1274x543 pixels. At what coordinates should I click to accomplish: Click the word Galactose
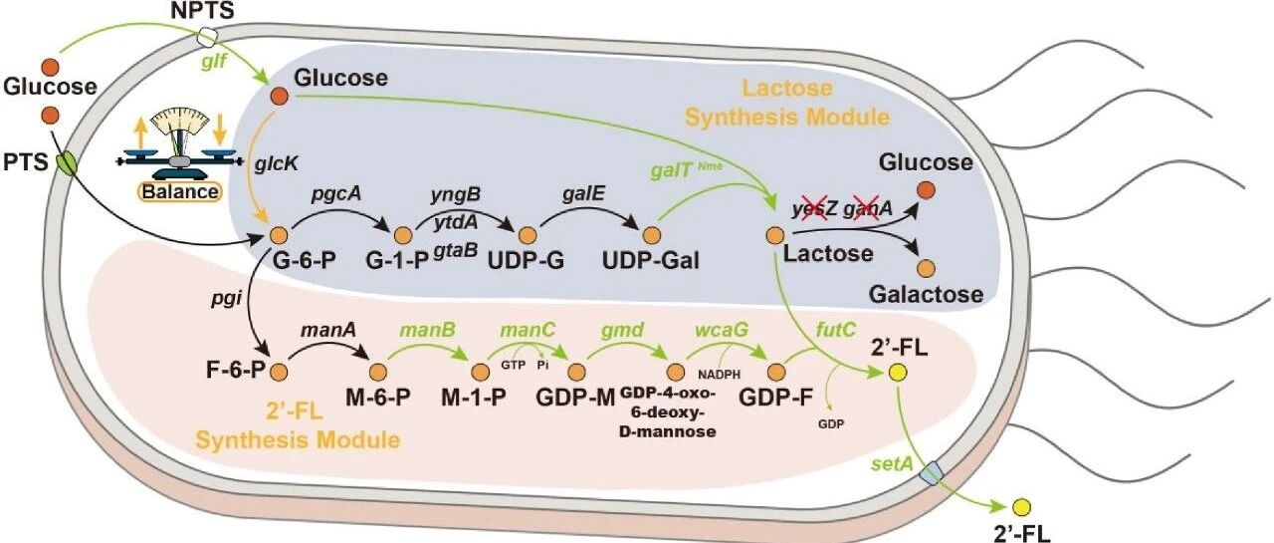[926, 295]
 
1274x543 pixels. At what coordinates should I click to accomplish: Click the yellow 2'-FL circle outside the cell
[1020, 507]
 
